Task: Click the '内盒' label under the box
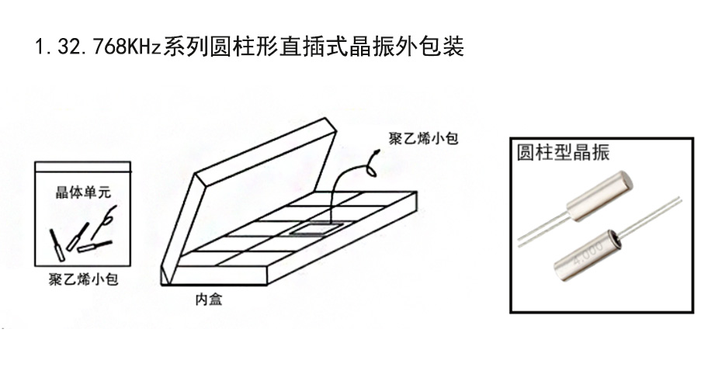(207, 299)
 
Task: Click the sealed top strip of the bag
(82, 166)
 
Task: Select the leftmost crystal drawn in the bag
(57, 241)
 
